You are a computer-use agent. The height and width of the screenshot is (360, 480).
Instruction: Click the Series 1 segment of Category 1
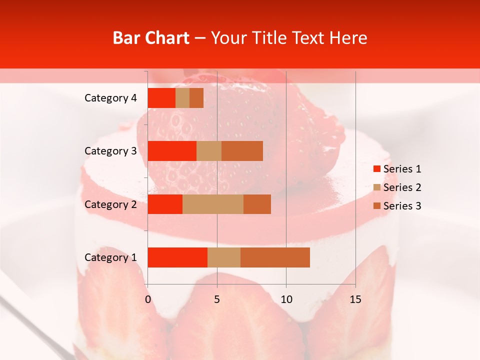pyautogui.click(x=177, y=257)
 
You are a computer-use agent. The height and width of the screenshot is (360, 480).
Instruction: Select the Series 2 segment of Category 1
pyautogui.click(x=224, y=257)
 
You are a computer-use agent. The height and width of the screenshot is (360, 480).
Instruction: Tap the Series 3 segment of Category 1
pyautogui.click(x=275, y=257)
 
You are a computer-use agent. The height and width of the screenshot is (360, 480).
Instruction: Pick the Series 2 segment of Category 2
pyautogui.click(x=213, y=204)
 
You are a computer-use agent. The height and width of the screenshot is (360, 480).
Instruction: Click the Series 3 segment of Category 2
pyautogui.click(x=257, y=204)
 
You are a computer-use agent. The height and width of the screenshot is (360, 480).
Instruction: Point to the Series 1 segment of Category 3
pyautogui.click(x=172, y=151)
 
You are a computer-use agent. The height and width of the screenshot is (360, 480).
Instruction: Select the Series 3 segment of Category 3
pyautogui.click(x=242, y=151)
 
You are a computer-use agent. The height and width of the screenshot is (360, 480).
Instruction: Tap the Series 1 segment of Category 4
pyautogui.click(x=161, y=98)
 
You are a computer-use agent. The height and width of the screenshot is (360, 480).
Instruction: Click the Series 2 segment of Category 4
pyautogui.click(x=182, y=98)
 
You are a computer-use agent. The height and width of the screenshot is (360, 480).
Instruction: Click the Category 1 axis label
pyautogui.click(x=110, y=257)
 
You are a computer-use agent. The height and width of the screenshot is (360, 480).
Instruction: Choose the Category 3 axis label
pyautogui.click(x=110, y=151)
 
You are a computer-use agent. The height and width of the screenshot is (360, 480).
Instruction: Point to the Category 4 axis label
pyautogui.click(x=110, y=98)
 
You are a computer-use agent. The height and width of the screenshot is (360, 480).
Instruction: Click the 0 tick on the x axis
pyautogui.click(x=148, y=299)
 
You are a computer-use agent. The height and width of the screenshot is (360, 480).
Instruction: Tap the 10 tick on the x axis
pyautogui.click(x=286, y=299)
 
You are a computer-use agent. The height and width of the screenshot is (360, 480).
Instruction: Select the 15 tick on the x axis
pyautogui.click(x=355, y=299)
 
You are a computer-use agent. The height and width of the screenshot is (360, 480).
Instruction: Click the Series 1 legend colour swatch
pyautogui.click(x=377, y=169)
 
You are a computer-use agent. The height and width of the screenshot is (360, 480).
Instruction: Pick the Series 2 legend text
pyautogui.click(x=402, y=187)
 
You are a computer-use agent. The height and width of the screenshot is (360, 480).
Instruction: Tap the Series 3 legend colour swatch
pyautogui.click(x=377, y=206)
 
